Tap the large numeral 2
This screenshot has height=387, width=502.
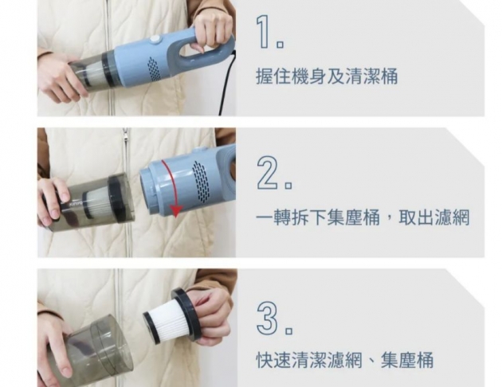point(269,174)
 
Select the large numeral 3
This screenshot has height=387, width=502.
point(268,319)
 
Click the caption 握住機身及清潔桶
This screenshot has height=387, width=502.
point(327,77)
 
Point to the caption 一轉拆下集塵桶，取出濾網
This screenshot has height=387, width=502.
point(363,217)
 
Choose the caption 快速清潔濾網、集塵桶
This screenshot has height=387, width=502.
point(344,360)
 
